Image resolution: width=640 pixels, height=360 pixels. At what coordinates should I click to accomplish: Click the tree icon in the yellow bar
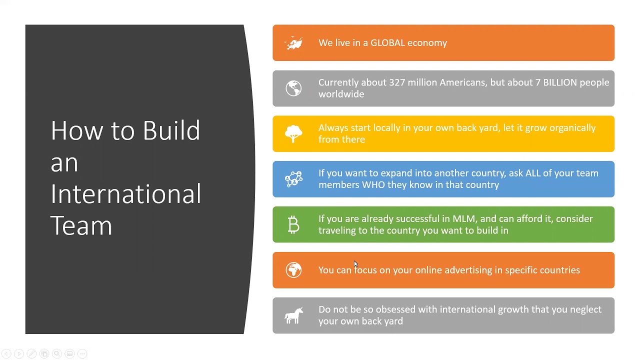[293, 134]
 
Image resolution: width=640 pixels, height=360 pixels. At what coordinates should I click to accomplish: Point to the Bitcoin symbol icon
[293, 225]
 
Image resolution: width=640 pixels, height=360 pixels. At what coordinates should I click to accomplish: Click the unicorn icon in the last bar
[293, 315]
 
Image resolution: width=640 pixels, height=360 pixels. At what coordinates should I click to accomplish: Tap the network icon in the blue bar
[293, 179]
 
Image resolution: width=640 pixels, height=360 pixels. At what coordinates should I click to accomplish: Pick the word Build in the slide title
[171, 131]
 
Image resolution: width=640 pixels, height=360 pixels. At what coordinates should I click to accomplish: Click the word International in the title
[125, 194]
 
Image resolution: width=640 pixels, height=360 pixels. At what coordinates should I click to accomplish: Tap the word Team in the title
[81, 226]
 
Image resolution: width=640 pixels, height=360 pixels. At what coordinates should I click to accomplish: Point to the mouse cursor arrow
[355, 264]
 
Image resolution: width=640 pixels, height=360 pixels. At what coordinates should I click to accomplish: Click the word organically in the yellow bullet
[572, 128]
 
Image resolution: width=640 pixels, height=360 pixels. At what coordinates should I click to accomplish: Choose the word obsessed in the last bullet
[395, 309]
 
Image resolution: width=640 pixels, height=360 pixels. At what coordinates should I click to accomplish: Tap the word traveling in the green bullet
[336, 230]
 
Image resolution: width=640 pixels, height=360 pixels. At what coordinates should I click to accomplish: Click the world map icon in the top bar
[293, 43]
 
